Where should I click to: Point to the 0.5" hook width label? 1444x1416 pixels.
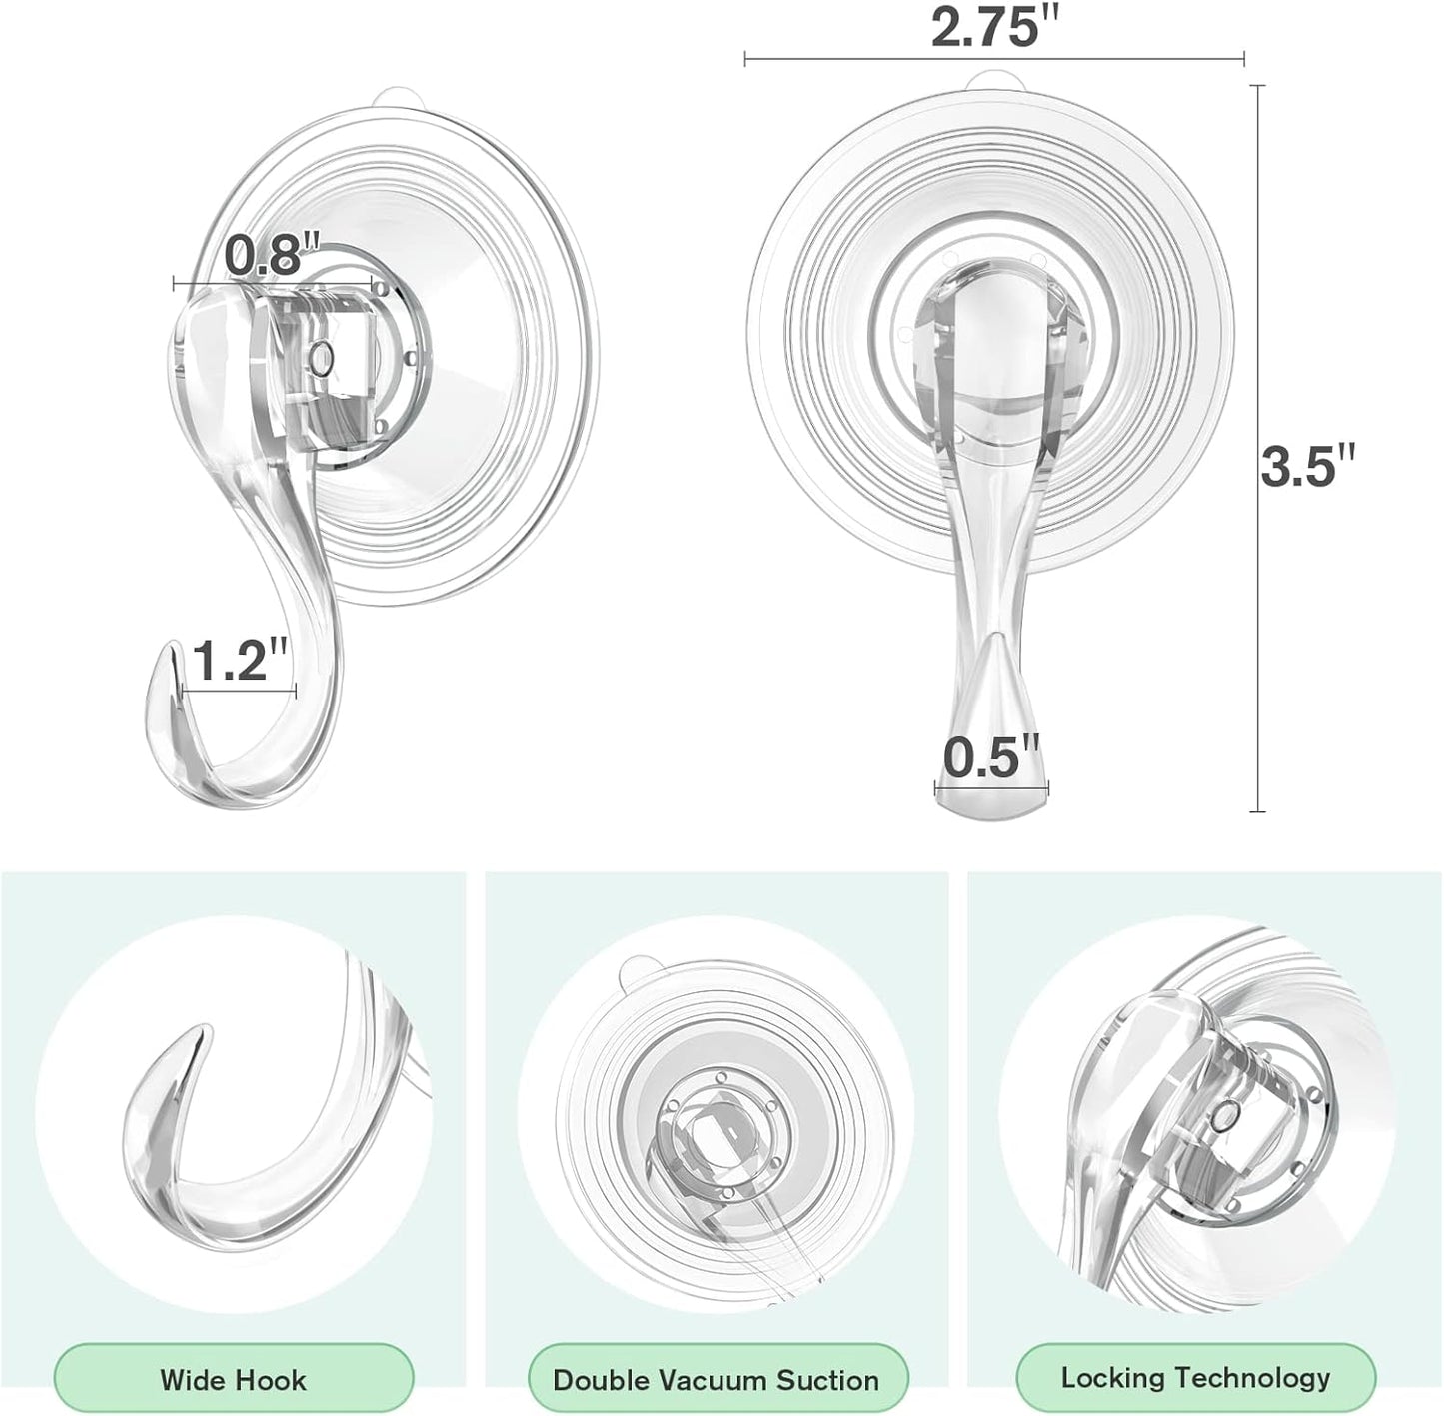(991, 757)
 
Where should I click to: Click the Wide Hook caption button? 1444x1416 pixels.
(233, 1380)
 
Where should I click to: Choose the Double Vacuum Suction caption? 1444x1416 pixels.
(716, 1380)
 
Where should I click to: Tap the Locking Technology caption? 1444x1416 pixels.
(1195, 1378)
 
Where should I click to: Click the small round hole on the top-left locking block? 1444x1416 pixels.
(321, 357)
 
